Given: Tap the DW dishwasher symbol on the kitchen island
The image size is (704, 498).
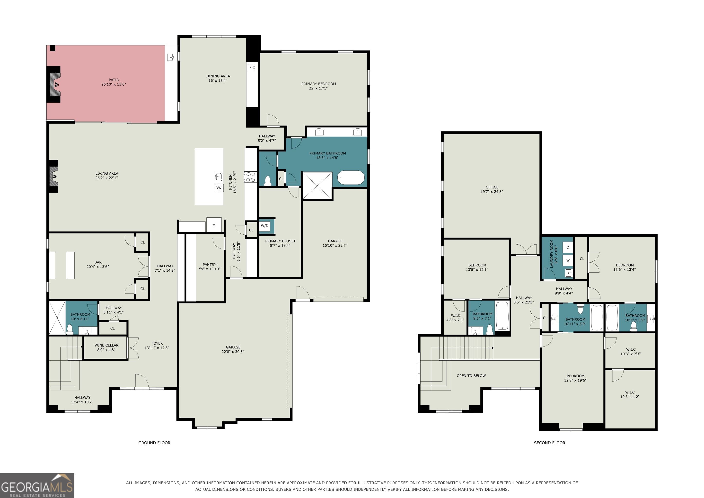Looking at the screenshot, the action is click(x=218, y=188).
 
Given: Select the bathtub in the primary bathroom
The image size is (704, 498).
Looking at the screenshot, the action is click(x=351, y=178).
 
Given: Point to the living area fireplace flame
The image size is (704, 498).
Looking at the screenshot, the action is click(x=55, y=176).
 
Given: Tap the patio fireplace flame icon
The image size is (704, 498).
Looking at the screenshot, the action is click(x=57, y=84).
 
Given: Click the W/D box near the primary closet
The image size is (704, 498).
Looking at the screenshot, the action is click(x=264, y=226).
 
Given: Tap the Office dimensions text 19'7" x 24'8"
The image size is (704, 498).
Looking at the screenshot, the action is click(x=492, y=192).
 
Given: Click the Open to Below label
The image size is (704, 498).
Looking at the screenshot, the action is click(x=471, y=376).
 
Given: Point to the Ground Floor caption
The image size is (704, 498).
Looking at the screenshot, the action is click(x=154, y=443).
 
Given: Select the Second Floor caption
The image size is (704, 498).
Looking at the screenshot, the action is click(x=549, y=443).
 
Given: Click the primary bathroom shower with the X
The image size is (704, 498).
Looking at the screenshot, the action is click(x=317, y=186).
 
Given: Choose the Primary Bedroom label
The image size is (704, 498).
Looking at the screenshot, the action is click(x=319, y=84).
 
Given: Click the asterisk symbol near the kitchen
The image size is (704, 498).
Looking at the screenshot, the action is click(x=214, y=225).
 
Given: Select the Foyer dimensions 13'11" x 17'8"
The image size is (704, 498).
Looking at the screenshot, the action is click(x=157, y=348).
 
